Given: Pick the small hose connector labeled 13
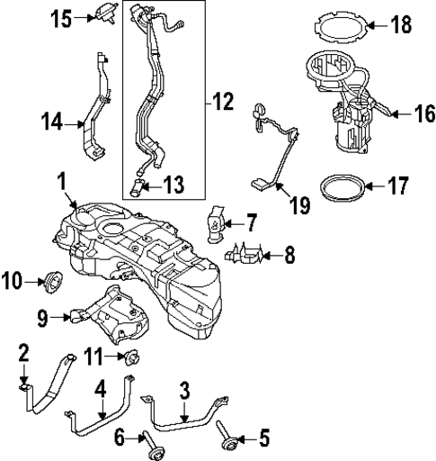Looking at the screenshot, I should (x=139, y=187).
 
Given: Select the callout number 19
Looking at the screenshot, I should (x=299, y=206).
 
